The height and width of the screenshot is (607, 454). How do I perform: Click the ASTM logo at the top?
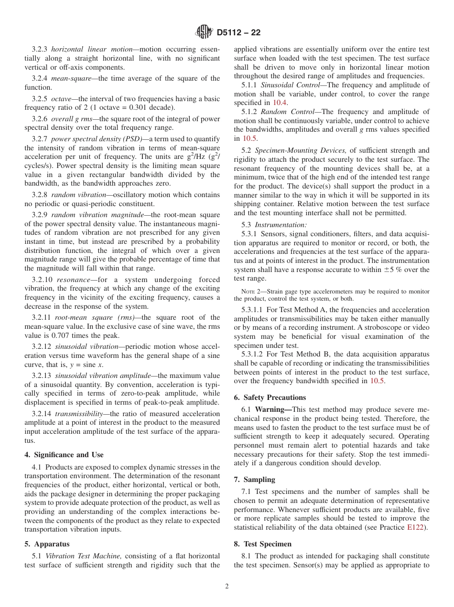point(204,32)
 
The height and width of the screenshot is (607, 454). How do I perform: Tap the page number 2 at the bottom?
point(227,586)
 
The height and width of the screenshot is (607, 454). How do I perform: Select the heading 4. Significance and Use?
point(64,455)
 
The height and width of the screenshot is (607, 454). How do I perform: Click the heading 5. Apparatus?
point(47,544)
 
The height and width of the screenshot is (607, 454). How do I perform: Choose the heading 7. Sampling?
point(254,480)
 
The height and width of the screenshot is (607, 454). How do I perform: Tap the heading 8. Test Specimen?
point(262,544)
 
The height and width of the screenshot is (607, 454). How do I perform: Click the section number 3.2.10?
point(43,280)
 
